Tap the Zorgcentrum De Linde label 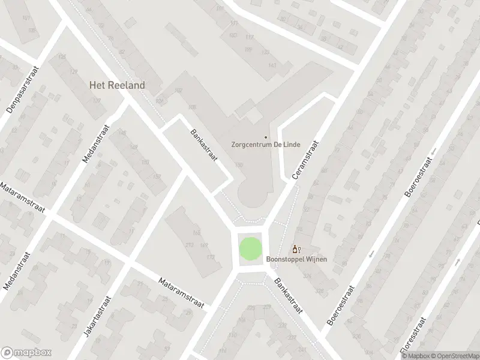tap(266, 145)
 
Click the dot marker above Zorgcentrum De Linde tap(266, 120)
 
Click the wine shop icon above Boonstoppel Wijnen tap(295, 249)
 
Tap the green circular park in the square tap(251, 248)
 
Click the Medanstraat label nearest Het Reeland tap(95, 144)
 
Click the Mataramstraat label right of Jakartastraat tap(182, 292)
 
